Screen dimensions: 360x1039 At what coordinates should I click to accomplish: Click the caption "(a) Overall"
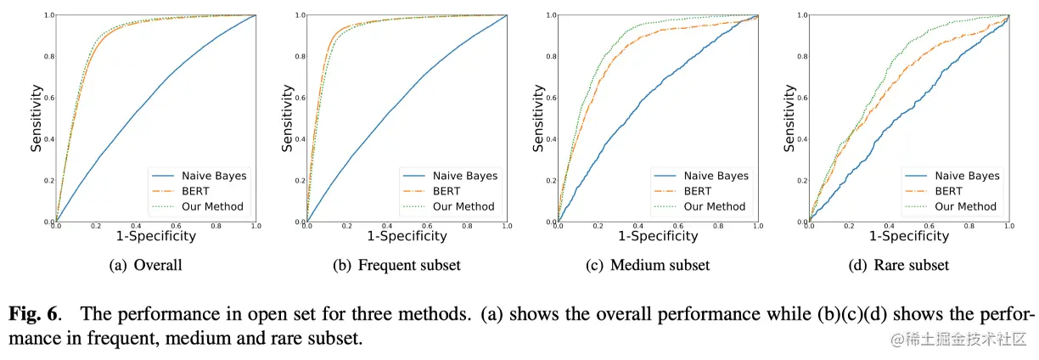click(146, 265)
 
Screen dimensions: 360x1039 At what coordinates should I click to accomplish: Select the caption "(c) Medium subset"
click(649, 265)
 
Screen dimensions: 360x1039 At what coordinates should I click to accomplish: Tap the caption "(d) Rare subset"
click(900, 265)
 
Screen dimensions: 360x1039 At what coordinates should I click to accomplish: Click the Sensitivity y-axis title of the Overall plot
click(37, 117)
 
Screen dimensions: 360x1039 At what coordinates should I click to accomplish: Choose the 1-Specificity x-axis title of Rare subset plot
click(908, 236)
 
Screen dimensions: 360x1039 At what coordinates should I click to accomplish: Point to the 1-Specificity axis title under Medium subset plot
click(658, 236)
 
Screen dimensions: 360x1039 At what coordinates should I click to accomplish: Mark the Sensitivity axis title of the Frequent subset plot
click(289, 117)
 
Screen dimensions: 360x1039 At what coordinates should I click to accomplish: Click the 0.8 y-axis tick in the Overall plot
click(49, 57)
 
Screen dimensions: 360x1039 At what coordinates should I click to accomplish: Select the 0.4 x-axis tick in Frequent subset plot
click(386, 227)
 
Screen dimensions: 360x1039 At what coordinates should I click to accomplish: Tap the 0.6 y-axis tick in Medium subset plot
click(550, 98)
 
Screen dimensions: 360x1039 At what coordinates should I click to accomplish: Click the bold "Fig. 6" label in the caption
click(35, 313)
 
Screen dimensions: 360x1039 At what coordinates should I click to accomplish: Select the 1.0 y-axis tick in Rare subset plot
click(800, 15)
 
